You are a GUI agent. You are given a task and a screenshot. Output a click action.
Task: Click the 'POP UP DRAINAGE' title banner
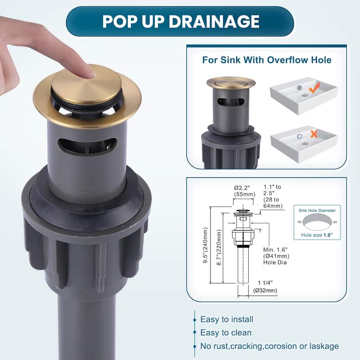point(180,21)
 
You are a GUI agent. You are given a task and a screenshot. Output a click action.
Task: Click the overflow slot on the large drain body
point(87,146)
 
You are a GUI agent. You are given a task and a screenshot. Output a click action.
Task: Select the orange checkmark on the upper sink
point(314,88)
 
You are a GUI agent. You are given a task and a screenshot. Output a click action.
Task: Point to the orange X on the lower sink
point(314,134)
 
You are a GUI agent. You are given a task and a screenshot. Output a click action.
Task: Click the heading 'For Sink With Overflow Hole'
point(267,60)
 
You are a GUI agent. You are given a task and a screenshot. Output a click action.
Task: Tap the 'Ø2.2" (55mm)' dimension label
point(244,191)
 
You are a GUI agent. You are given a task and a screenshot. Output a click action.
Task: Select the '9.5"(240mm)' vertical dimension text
point(206,245)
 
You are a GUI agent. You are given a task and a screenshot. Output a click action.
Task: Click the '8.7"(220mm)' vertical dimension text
point(219,247)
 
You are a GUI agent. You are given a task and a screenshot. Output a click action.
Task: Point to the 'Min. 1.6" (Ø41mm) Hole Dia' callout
point(276,256)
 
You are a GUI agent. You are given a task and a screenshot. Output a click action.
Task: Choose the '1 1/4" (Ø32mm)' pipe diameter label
point(265,287)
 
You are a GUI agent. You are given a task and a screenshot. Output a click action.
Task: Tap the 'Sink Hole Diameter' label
point(317,211)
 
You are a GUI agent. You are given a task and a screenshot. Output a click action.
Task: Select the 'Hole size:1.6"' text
point(317,235)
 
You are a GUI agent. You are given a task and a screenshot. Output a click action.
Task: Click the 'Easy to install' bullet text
point(227,319)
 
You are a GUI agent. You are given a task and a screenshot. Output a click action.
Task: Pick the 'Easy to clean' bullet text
point(226,333)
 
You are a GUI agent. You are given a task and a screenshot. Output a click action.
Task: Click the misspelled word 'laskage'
point(324,346)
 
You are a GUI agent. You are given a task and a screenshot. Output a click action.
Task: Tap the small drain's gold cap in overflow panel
point(231,82)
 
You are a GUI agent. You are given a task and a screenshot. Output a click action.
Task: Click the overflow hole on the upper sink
point(299,87)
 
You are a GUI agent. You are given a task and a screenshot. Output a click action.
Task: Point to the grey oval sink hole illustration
point(317,222)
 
